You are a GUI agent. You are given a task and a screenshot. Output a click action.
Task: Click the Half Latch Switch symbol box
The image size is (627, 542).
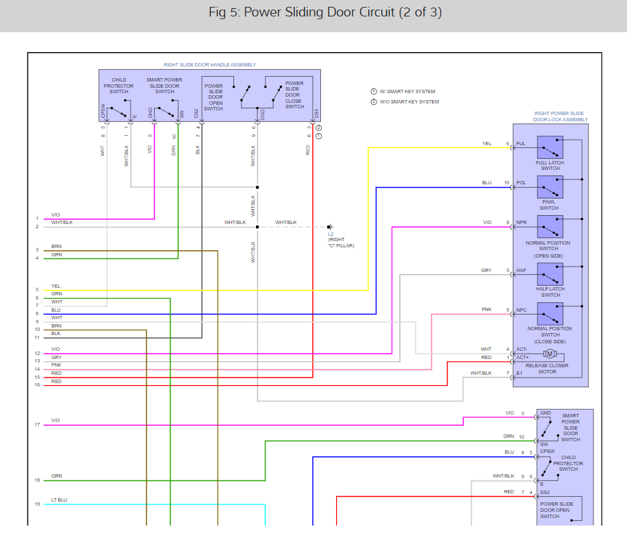click(x=550, y=274)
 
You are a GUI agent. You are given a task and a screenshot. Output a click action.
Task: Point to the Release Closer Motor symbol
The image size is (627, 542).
click(x=550, y=354)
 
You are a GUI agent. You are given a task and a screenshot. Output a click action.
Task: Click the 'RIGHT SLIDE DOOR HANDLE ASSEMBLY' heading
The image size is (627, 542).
click(x=209, y=65)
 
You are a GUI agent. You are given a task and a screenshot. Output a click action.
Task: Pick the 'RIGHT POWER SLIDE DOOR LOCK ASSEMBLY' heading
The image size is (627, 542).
click(x=561, y=116)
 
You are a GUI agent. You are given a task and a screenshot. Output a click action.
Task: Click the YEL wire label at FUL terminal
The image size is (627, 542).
click(x=487, y=144)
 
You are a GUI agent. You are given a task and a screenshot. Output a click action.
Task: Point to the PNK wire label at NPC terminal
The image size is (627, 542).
click(x=487, y=310)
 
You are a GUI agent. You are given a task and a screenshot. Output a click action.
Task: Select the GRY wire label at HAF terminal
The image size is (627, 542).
click(x=486, y=271)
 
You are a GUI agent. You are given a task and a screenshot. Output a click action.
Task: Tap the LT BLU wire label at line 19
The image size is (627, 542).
click(x=60, y=500)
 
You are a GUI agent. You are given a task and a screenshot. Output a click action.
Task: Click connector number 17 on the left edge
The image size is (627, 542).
click(x=38, y=425)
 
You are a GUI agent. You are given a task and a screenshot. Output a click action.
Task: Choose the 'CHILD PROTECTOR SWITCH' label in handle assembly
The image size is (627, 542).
click(x=119, y=86)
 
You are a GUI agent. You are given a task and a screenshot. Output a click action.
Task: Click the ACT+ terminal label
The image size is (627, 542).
click(x=522, y=358)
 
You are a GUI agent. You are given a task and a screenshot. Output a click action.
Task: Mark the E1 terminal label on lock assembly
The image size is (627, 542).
click(x=520, y=373)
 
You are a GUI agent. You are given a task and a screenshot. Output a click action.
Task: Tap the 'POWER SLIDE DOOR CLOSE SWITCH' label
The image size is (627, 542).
click(x=294, y=95)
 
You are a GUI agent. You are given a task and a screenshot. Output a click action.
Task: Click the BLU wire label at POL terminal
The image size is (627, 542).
click(x=487, y=183)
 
